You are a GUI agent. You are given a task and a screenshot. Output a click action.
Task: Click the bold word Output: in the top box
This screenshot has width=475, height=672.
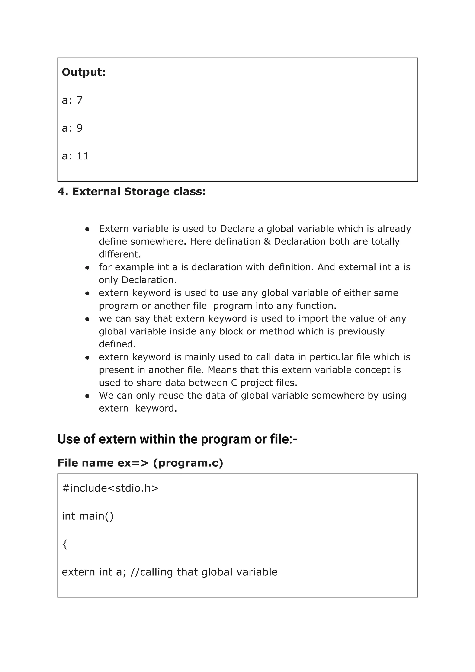coord(84,72)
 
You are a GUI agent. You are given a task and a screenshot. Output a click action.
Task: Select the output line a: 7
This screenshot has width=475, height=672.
coord(72,100)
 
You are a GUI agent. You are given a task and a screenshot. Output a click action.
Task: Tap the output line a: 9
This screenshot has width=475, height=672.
coord(72,128)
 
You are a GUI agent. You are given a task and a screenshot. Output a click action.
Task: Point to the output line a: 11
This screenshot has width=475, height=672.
coord(75,156)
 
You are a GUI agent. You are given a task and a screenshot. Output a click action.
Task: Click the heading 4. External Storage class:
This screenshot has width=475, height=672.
coord(132,192)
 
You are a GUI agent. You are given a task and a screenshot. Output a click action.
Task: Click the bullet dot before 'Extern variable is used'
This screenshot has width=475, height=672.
coord(87,229)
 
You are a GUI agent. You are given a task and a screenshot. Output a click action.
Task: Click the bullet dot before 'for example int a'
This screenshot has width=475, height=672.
coord(87,267)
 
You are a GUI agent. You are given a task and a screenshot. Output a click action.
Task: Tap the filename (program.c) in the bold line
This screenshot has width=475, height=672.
coord(188,463)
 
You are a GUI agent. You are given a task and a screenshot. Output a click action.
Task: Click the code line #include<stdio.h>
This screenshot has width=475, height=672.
coord(110,488)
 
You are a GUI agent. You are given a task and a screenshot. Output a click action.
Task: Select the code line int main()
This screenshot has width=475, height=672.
coord(87,516)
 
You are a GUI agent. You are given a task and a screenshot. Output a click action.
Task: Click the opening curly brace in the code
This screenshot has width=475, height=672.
coord(65,544)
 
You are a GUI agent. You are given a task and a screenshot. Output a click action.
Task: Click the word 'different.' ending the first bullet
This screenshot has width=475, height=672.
coord(120,254)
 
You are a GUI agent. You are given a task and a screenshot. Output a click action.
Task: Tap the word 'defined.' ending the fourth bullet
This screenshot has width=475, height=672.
coord(117,344)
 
